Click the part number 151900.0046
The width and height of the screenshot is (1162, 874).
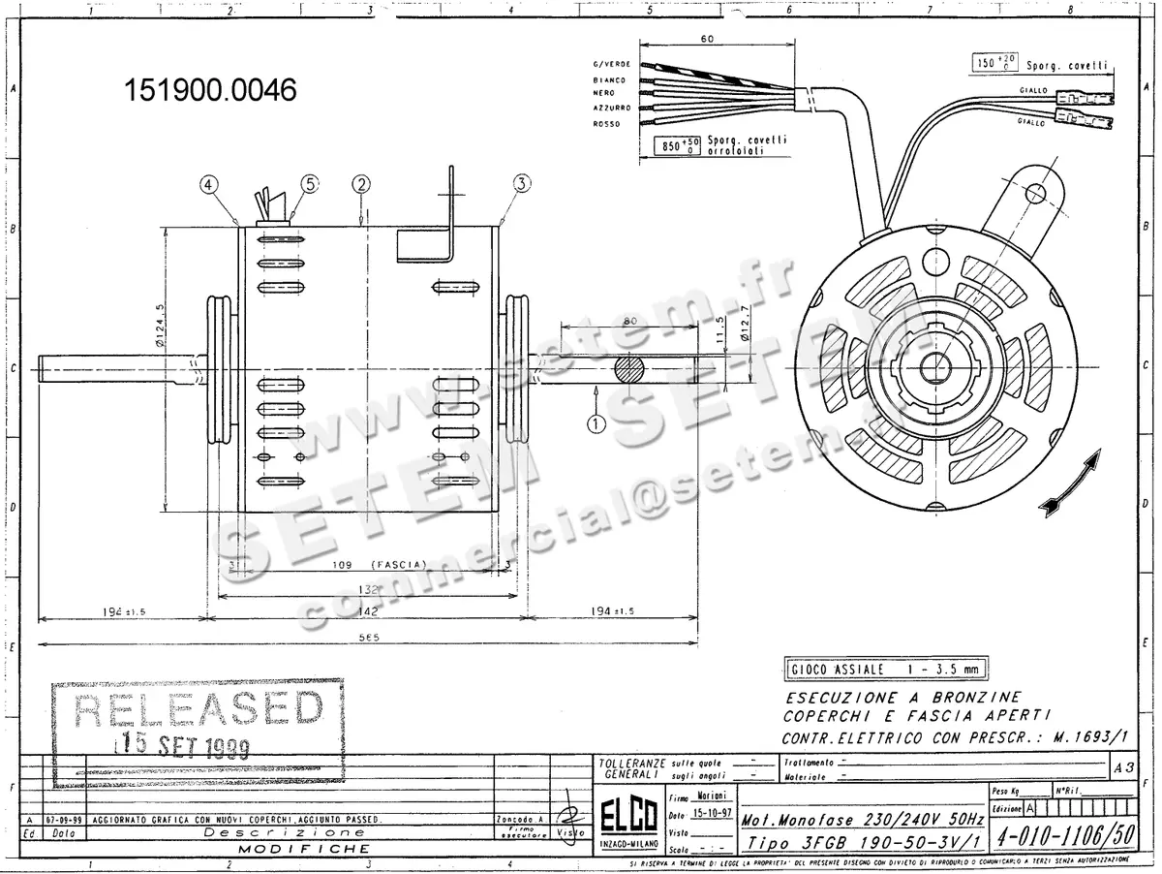click(209, 90)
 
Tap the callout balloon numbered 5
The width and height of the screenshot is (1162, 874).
click(309, 182)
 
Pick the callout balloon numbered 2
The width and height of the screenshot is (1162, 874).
click(361, 182)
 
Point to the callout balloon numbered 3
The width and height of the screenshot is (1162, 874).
click(522, 182)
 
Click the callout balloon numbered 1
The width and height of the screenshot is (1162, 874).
click(596, 422)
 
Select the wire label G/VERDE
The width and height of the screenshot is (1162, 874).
click(611, 64)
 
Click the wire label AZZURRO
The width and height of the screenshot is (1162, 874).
click(612, 108)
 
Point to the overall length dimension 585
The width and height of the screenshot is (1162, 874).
click(368, 638)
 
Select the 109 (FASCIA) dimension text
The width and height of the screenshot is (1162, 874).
click(369, 563)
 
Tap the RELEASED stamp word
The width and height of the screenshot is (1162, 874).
click(199, 710)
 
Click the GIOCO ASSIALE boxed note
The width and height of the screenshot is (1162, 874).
click(883, 670)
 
